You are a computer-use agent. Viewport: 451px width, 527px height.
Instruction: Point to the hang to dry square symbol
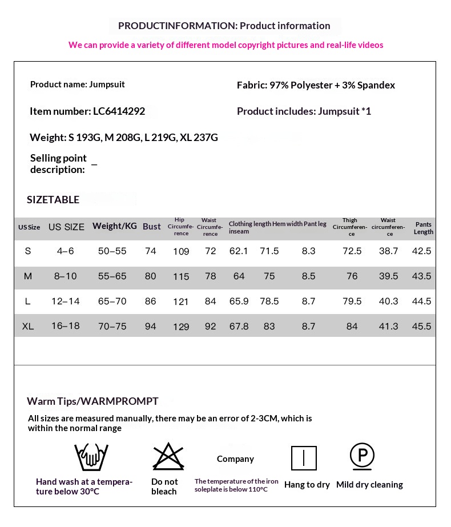pyautogui.click(x=304, y=458)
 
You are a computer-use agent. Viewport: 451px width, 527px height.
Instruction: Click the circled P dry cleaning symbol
pyautogui.click(x=362, y=456)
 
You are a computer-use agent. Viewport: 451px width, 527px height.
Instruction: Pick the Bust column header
pyautogui.click(x=152, y=227)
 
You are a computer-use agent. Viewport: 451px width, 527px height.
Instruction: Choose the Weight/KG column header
pyautogui.click(x=115, y=226)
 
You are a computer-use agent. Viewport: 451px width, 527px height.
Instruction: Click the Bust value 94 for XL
pyautogui.click(x=151, y=326)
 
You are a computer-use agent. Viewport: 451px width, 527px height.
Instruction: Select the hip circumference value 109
pyautogui.click(x=181, y=252)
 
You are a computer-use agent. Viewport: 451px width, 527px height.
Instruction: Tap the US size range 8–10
pyautogui.click(x=66, y=276)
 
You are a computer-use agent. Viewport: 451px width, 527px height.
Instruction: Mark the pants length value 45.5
pyautogui.click(x=421, y=326)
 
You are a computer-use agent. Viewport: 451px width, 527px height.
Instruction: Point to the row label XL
pyautogui.click(x=28, y=326)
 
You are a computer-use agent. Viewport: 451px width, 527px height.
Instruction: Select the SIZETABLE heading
pyautogui.click(x=53, y=199)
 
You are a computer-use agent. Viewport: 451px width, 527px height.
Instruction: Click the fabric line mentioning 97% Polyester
pyautogui.click(x=316, y=85)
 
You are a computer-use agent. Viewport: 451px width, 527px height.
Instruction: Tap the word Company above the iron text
pyautogui.click(x=235, y=459)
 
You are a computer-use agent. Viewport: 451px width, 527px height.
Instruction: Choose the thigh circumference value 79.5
pyautogui.click(x=352, y=301)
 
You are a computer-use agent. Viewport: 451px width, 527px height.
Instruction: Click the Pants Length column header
pyautogui.click(x=424, y=228)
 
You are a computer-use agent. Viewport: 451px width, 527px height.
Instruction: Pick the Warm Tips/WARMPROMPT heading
pyautogui.click(x=92, y=401)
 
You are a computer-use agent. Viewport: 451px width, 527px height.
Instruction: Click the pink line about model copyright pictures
pyautogui.click(x=226, y=45)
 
